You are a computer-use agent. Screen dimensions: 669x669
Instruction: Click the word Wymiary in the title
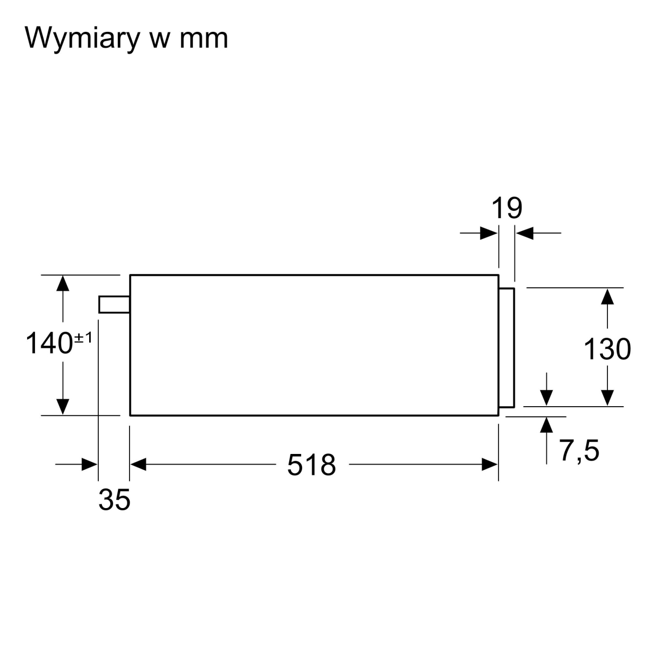point(82,39)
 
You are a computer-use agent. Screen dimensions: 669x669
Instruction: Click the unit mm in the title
point(204,39)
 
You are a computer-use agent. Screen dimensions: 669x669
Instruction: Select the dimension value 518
point(312,465)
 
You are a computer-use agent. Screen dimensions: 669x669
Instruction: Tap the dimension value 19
point(507,208)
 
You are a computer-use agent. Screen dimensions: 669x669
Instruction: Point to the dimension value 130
point(607,349)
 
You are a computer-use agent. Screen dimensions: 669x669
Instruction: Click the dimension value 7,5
point(579,451)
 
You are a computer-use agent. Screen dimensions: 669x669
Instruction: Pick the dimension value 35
point(114,500)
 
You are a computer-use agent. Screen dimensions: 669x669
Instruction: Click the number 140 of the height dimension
point(49,343)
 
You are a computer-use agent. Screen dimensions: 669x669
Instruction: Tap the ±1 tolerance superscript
point(83,337)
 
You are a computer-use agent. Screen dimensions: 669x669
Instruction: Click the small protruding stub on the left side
point(114,304)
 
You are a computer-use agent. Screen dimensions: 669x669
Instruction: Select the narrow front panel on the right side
point(507,348)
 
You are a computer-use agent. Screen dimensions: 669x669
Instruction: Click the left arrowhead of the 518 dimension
point(138,465)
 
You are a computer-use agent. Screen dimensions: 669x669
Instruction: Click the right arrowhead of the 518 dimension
point(490,465)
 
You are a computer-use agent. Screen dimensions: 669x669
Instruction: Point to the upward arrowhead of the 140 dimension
point(63,284)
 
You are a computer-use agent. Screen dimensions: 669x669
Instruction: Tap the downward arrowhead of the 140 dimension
point(63,407)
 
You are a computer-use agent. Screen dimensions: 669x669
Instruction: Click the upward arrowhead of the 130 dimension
point(607,296)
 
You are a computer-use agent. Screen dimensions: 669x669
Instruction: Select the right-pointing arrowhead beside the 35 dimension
point(90,465)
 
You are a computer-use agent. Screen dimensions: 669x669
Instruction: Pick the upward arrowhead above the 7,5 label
point(546,425)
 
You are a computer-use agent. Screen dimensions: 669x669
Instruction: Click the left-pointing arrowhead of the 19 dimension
point(524,233)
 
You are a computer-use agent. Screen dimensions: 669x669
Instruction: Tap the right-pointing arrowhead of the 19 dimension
point(489,233)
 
